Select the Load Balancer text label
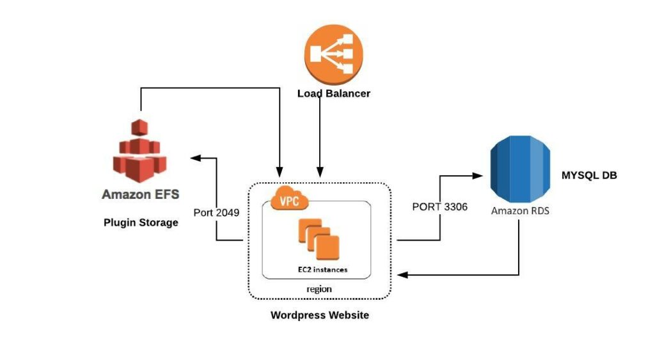click(333, 93)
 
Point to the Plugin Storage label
click(141, 223)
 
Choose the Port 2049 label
click(216, 212)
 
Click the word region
click(319, 289)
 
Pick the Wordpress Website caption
click(319, 315)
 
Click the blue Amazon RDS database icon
click(519, 168)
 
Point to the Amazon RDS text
click(519, 210)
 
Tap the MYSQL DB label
click(589, 175)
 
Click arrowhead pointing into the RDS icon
click(478, 175)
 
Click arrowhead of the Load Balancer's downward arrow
click(320, 172)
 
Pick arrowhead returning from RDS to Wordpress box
click(401, 275)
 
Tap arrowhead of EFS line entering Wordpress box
click(279, 172)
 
